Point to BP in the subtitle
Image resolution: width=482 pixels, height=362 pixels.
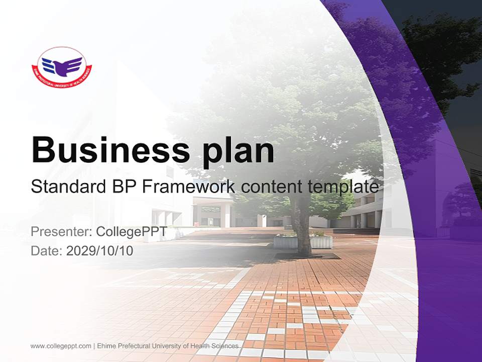point(122,187)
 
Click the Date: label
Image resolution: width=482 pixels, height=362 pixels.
point(47,250)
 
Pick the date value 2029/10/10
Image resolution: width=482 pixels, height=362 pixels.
point(100,250)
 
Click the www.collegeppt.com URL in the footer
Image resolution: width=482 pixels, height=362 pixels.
point(61,346)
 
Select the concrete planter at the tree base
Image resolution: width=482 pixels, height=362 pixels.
point(303,242)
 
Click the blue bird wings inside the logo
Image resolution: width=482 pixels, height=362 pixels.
point(62,65)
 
